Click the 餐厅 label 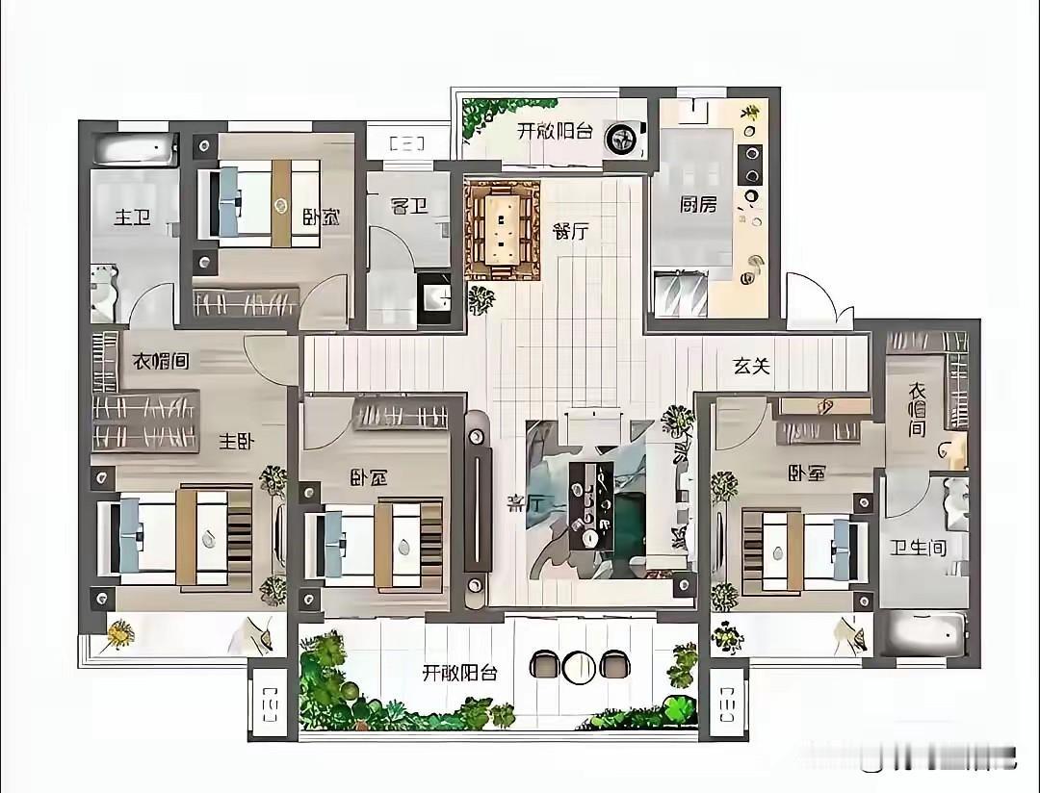coord(570,231)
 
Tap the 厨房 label coord(697,204)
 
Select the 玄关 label coord(751,366)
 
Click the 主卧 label coord(236,442)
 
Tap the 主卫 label coord(133,217)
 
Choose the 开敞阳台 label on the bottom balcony coord(460,673)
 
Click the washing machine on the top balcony coord(620,141)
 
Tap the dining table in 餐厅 coord(501,229)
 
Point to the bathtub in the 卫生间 coord(922,634)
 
